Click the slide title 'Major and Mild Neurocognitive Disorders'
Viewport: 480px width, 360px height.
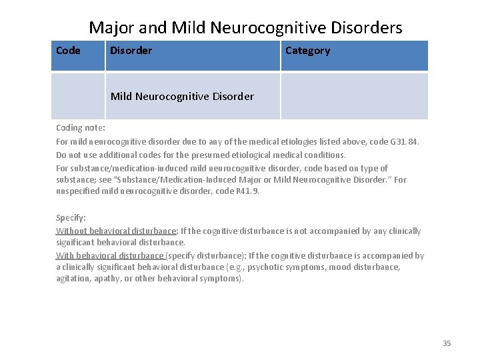[245, 27]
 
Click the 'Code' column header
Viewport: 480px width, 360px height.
[68, 51]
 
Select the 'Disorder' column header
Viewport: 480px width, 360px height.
[131, 51]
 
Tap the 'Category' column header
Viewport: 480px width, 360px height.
[307, 51]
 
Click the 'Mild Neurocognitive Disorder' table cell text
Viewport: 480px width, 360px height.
[182, 96]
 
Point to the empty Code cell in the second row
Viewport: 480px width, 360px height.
[79, 96]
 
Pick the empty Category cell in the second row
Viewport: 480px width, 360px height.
[353, 96]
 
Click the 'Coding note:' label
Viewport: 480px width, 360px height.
[80, 127]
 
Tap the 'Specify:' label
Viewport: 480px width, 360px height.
[71, 218]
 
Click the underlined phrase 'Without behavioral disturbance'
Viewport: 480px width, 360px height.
[116, 231]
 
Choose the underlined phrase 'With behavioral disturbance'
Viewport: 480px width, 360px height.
[110, 255]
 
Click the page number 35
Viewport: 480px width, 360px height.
[447, 343]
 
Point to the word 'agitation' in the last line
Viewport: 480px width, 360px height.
[74, 279]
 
